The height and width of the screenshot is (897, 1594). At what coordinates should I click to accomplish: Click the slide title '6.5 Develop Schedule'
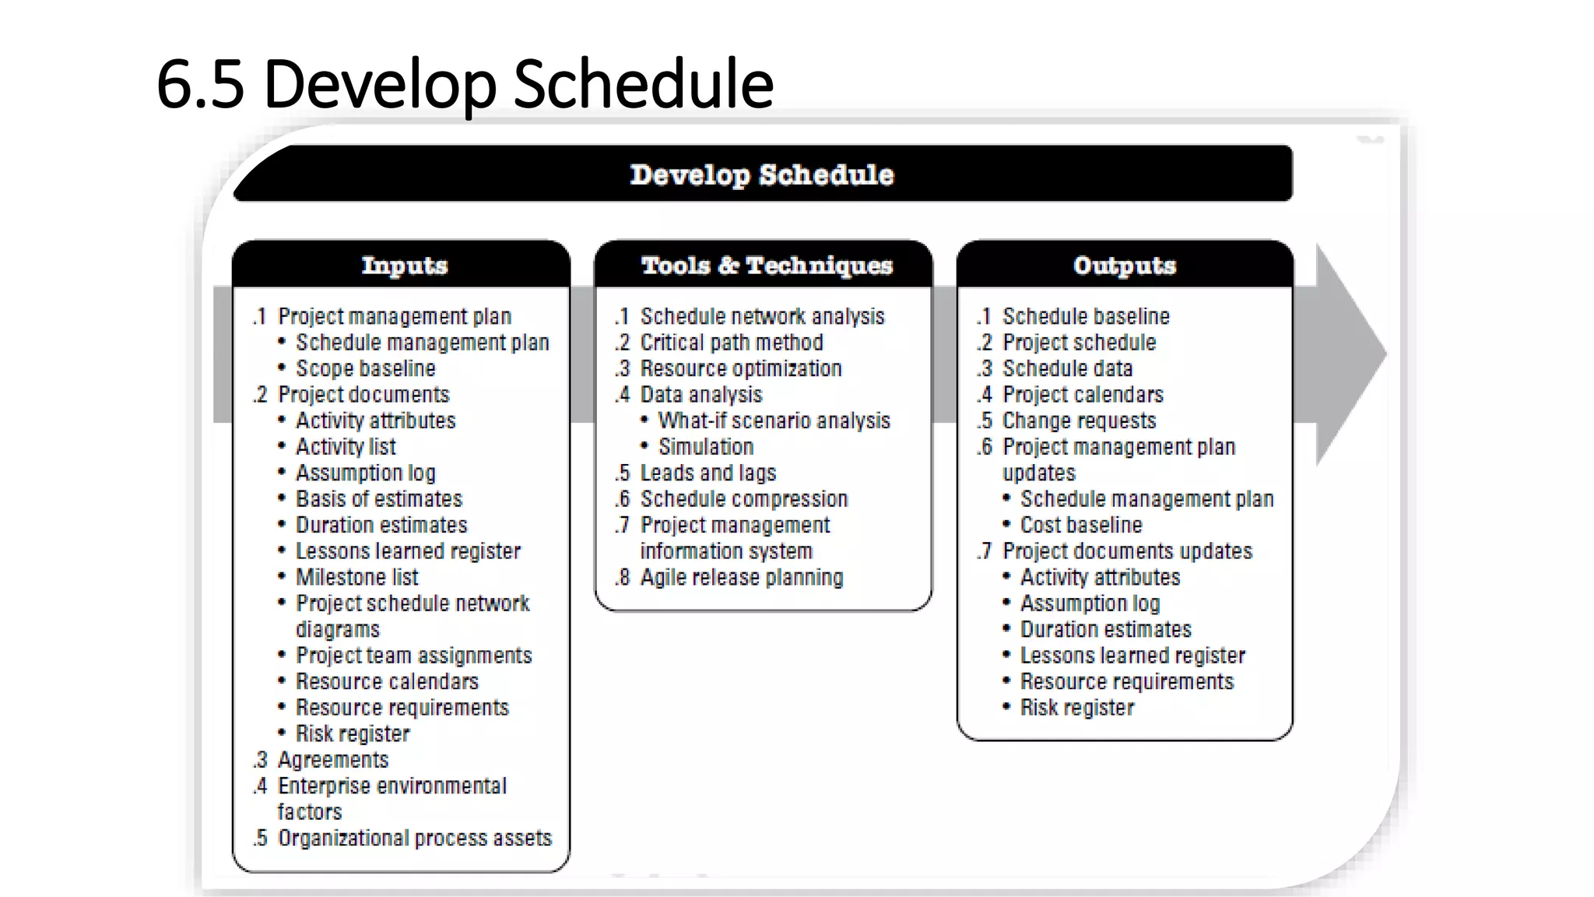tap(465, 84)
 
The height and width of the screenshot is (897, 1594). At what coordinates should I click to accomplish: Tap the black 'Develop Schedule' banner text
tap(761, 174)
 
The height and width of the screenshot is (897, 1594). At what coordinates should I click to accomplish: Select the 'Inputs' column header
tap(404, 266)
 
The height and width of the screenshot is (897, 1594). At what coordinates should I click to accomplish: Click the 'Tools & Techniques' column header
tap(766, 266)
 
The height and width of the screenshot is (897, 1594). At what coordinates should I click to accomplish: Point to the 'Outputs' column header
tap(1124, 266)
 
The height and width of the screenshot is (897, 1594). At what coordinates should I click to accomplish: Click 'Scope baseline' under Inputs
tap(365, 368)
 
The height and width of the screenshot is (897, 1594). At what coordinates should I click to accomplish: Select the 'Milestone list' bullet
tap(356, 577)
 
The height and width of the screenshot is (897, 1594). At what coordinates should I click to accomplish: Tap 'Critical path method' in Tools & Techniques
tap(731, 343)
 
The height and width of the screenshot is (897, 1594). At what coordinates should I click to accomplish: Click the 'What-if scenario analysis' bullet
tap(774, 420)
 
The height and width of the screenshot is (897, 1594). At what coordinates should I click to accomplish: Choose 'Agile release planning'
tap(741, 577)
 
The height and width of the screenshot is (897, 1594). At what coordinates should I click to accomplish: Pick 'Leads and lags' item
tap(707, 473)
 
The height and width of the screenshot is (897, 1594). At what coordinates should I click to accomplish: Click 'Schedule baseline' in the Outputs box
tap(1085, 316)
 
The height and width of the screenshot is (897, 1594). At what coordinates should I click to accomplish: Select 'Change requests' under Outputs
tap(1079, 420)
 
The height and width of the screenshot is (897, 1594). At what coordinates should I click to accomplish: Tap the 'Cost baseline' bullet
tap(1080, 525)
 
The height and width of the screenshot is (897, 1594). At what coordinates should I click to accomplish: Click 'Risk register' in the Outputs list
tap(1076, 708)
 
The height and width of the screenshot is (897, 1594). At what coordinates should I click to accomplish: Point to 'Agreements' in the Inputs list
tap(332, 760)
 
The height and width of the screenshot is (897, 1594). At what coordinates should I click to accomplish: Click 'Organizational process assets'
tap(414, 838)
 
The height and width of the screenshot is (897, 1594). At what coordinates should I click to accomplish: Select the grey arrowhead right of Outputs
tap(1346, 354)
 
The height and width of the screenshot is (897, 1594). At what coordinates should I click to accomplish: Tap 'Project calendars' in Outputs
tap(1082, 395)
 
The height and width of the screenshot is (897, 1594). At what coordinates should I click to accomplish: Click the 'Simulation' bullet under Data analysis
tap(705, 447)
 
